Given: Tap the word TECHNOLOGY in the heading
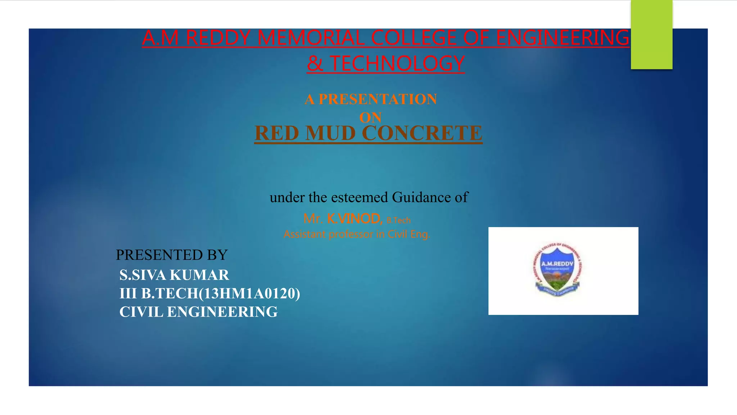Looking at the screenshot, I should point(397,63).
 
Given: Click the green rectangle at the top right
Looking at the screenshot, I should point(651,35).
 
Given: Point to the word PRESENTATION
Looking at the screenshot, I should point(378,99).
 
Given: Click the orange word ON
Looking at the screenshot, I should point(370,117).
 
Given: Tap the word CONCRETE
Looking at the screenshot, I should point(422,133).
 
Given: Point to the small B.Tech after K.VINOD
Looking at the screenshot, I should point(398,220).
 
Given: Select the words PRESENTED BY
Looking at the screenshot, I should point(172,255).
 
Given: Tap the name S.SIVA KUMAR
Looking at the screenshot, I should point(174,275).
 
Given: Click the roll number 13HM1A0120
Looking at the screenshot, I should point(249,294).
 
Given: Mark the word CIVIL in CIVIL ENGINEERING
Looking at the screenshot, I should point(141,312).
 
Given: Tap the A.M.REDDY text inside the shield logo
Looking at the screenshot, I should point(557,264).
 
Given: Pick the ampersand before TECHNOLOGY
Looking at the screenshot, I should point(315,63).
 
